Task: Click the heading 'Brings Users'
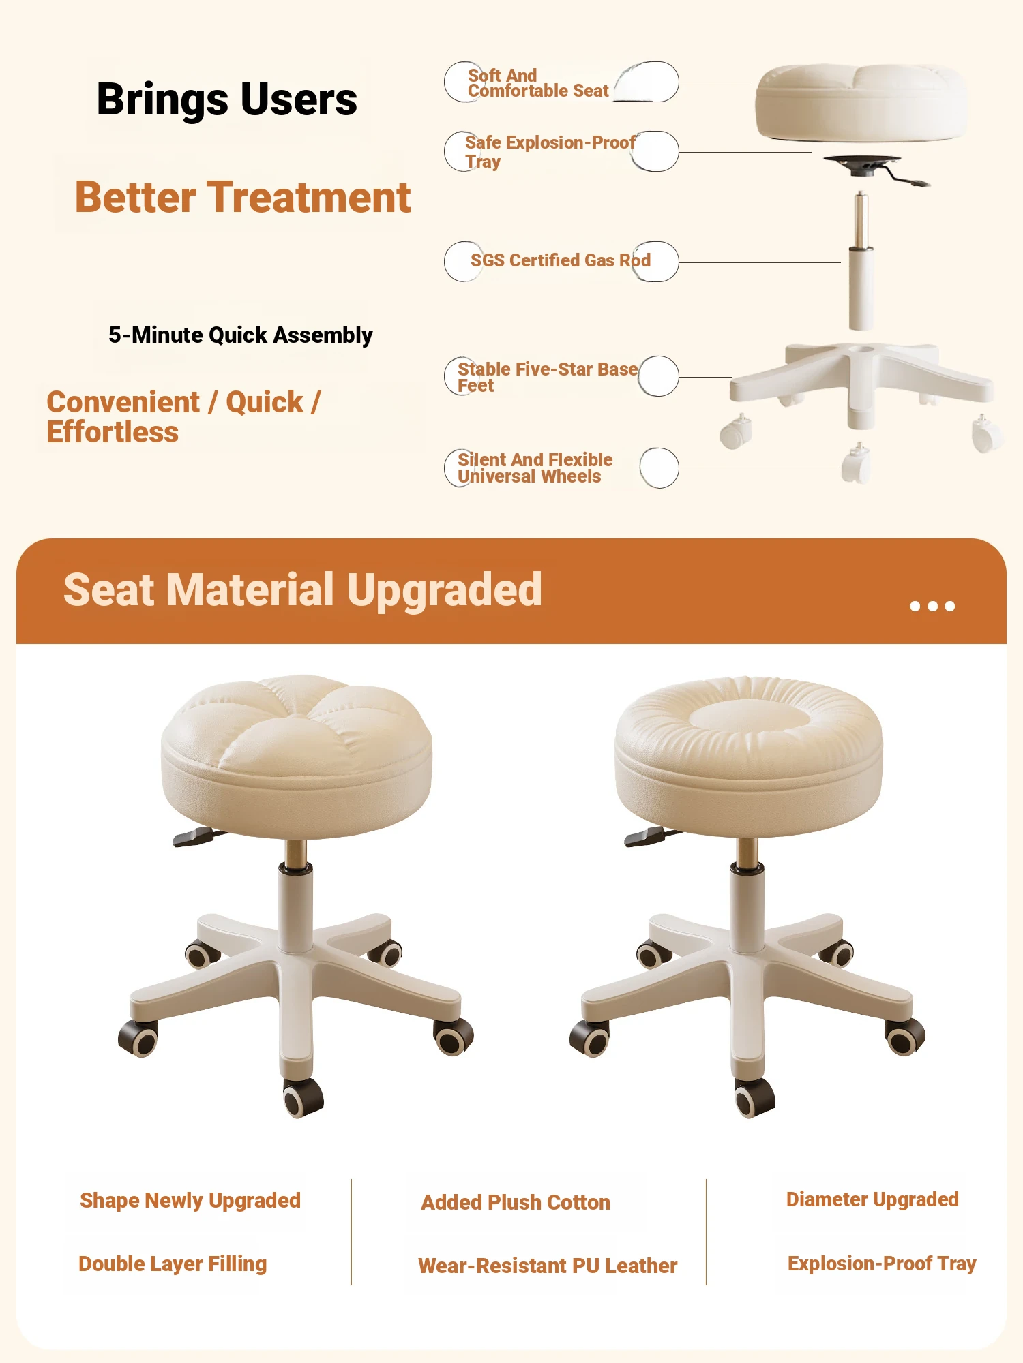pyautogui.click(x=227, y=100)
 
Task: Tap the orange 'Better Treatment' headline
pyautogui.click(x=243, y=198)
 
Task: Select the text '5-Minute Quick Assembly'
pyautogui.click(x=241, y=335)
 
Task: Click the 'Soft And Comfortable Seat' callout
pyautogui.click(x=538, y=83)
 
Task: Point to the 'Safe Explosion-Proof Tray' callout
pyautogui.click(x=550, y=152)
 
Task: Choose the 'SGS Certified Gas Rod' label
pyautogui.click(x=561, y=260)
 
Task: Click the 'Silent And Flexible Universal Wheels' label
pyautogui.click(x=535, y=468)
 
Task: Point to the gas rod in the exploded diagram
pyautogui.click(x=861, y=260)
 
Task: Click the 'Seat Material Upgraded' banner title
pyautogui.click(x=303, y=590)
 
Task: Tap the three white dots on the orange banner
pyautogui.click(x=932, y=606)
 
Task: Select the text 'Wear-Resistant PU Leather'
pyautogui.click(x=548, y=1266)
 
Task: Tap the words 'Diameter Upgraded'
pyautogui.click(x=872, y=1199)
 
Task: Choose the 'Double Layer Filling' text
pyautogui.click(x=173, y=1264)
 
